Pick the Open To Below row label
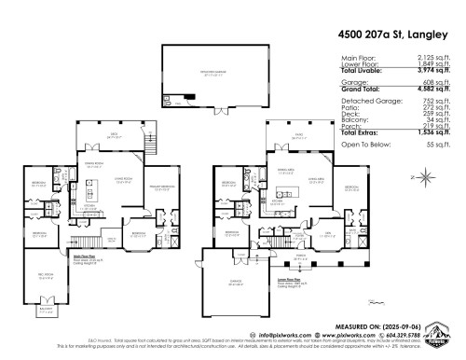[x=363, y=147]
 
